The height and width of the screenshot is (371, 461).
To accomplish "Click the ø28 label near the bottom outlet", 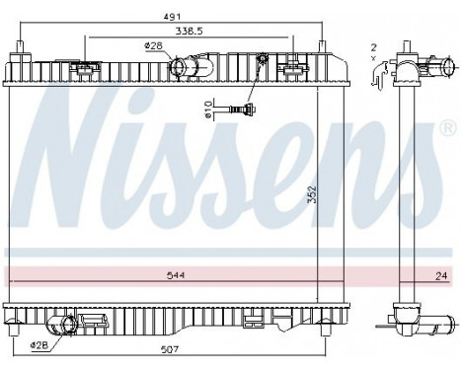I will pos(40,345).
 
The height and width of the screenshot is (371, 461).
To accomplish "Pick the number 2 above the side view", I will pos(374,46).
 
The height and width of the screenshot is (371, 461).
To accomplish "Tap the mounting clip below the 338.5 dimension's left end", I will pos(87,67).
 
